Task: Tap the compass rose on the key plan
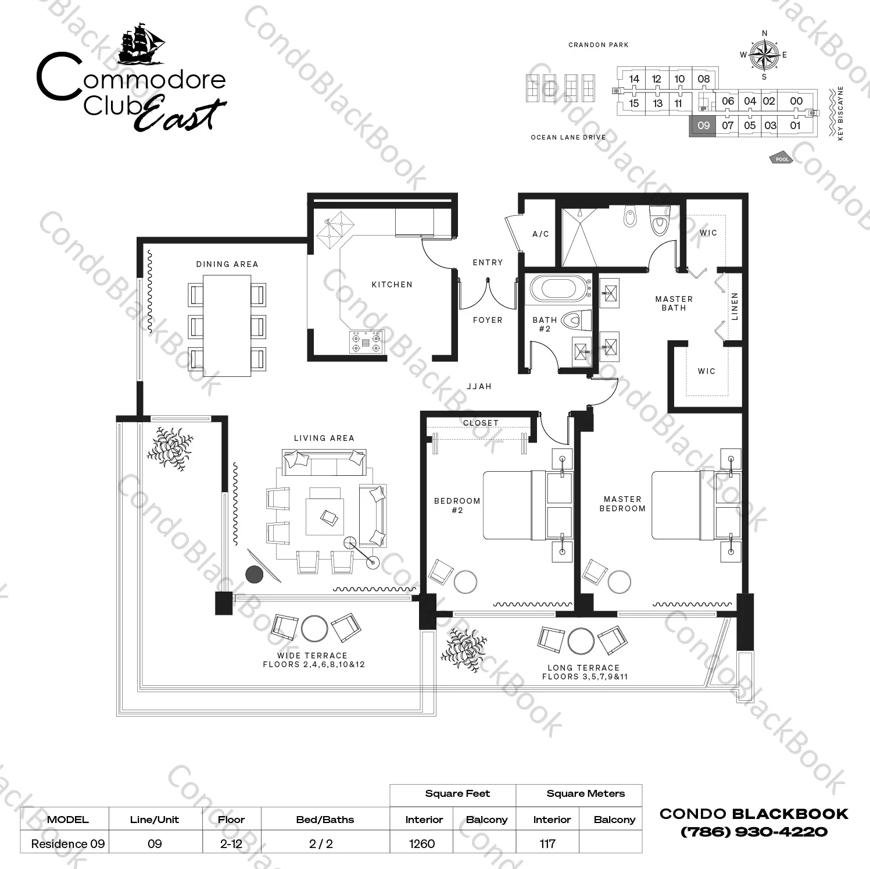(x=764, y=55)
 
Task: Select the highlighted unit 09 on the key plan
(x=703, y=126)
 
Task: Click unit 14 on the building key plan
(x=634, y=79)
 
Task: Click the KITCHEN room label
(x=392, y=284)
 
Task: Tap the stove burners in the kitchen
(x=366, y=342)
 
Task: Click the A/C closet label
(x=540, y=234)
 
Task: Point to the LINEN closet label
(x=735, y=306)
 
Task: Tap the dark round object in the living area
(x=255, y=575)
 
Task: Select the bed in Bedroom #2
(x=528, y=505)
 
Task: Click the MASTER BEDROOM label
(x=622, y=504)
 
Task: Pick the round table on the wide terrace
(x=314, y=628)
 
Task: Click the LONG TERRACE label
(x=583, y=668)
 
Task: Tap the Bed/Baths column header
(x=325, y=820)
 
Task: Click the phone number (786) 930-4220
(x=754, y=832)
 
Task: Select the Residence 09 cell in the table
(x=68, y=843)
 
